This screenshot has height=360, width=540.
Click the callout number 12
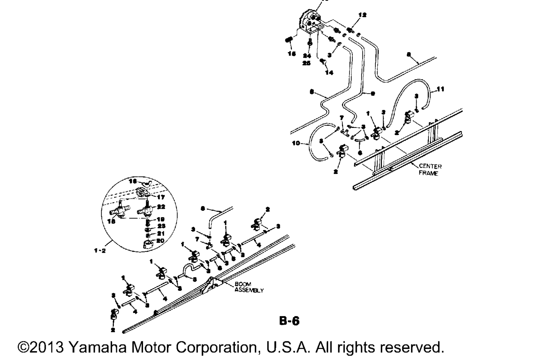[x=362, y=15]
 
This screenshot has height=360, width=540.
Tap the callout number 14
[x=329, y=73]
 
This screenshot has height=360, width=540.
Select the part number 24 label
[x=307, y=56]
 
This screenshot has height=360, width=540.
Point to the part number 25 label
[x=307, y=63]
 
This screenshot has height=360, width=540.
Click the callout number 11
[x=440, y=89]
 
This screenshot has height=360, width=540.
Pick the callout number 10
[x=296, y=143]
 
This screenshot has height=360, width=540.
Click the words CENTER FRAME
[x=430, y=169]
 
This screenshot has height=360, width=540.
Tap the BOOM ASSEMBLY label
[x=249, y=287]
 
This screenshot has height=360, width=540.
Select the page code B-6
[x=289, y=321]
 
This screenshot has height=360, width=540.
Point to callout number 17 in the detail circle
[x=161, y=197]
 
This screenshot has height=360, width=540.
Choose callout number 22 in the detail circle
[x=161, y=207]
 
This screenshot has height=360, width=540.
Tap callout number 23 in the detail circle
[x=161, y=226]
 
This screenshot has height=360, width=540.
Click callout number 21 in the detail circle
[x=161, y=233]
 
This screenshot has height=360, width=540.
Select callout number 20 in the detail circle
[x=160, y=240]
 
